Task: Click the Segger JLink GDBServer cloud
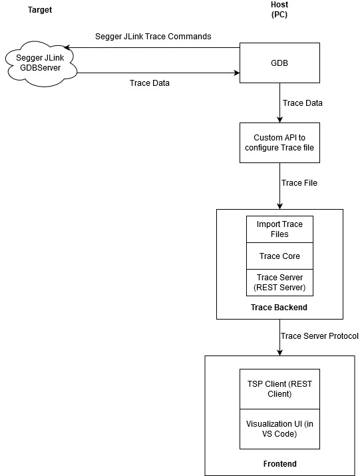[x=41, y=64]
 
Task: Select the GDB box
[x=279, y=63]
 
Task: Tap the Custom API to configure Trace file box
[x=279, y=142]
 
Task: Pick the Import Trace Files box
[x=279, y=229]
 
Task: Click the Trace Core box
[x=279, y=256]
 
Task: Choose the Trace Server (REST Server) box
[x=279, y=282]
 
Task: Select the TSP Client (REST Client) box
[x=279, y=389]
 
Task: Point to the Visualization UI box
[x=279, y=429]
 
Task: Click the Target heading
[x=40, y=10]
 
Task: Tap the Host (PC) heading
[x=279, y=9]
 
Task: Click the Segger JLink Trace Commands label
[x=153, y=37]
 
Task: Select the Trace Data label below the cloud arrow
[x=149, y=83]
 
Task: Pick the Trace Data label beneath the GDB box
[x=302, y=103]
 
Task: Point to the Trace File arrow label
[x=299, y=183]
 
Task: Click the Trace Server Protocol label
[x=319, y=336]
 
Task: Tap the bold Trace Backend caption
[x=279, y=307]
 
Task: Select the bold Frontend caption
[x=279, y=463]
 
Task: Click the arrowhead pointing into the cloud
[x=67, y=48]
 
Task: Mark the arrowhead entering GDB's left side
[x=236, y=73]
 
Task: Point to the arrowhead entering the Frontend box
[x=279, y=352]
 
